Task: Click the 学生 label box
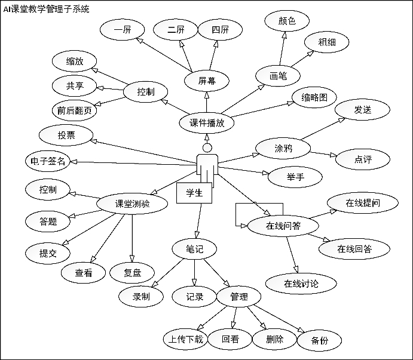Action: [194, 193]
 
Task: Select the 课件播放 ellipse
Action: [207, 123]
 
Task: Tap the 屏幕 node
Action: [207, 81]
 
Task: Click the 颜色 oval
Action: [286, 20]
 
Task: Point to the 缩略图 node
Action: [314, 97]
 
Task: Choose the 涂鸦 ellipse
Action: [283, 147]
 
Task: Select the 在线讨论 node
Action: [301, 283]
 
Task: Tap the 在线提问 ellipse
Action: [363, 203]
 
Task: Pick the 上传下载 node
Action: [185, 340]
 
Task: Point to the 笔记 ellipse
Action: [195, 249]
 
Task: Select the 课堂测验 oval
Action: [132, 204]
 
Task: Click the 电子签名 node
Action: [48, 161]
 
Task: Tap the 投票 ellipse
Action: [66, 135]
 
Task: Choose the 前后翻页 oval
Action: [74, 110]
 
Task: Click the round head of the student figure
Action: [207, 147]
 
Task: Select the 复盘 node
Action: [133, 273]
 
